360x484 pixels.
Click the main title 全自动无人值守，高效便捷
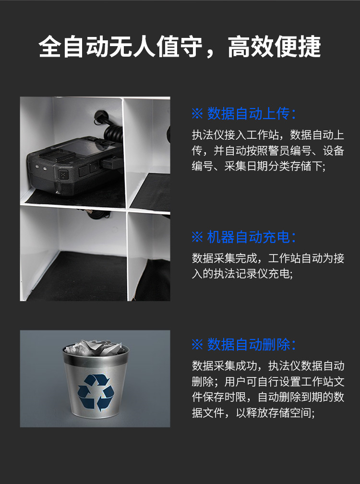point(180,47)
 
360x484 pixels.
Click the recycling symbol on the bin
point(96,393)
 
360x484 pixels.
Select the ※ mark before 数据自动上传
point(197,114)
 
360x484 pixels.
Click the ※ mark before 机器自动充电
point(197,237)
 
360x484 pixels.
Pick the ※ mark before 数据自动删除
point(197,345)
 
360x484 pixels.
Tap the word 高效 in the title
point(251,47)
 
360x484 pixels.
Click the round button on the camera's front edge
point(63,175)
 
